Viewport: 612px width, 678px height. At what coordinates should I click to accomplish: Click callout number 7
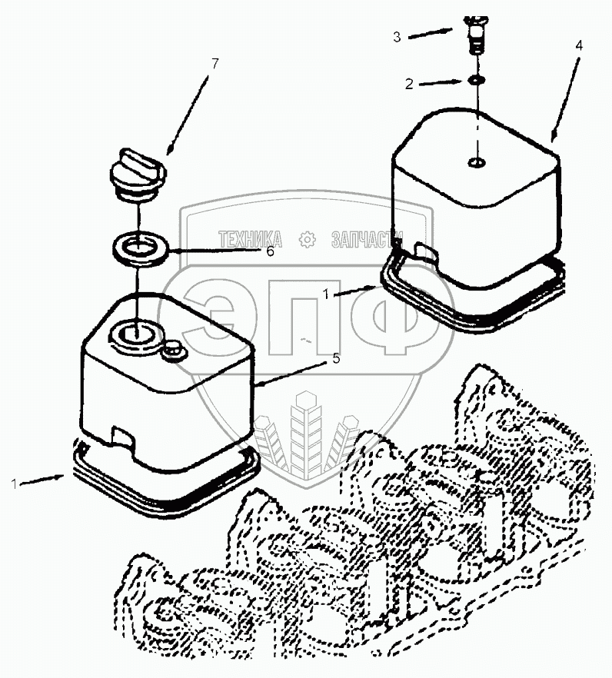[x=215, y=62]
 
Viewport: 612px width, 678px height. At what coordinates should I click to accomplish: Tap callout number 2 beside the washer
[x=410, y=83]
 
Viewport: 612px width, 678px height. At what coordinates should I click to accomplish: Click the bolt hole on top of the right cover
[x=477, y=162]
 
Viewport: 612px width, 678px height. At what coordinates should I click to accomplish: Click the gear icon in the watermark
[x=308, y=239]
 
